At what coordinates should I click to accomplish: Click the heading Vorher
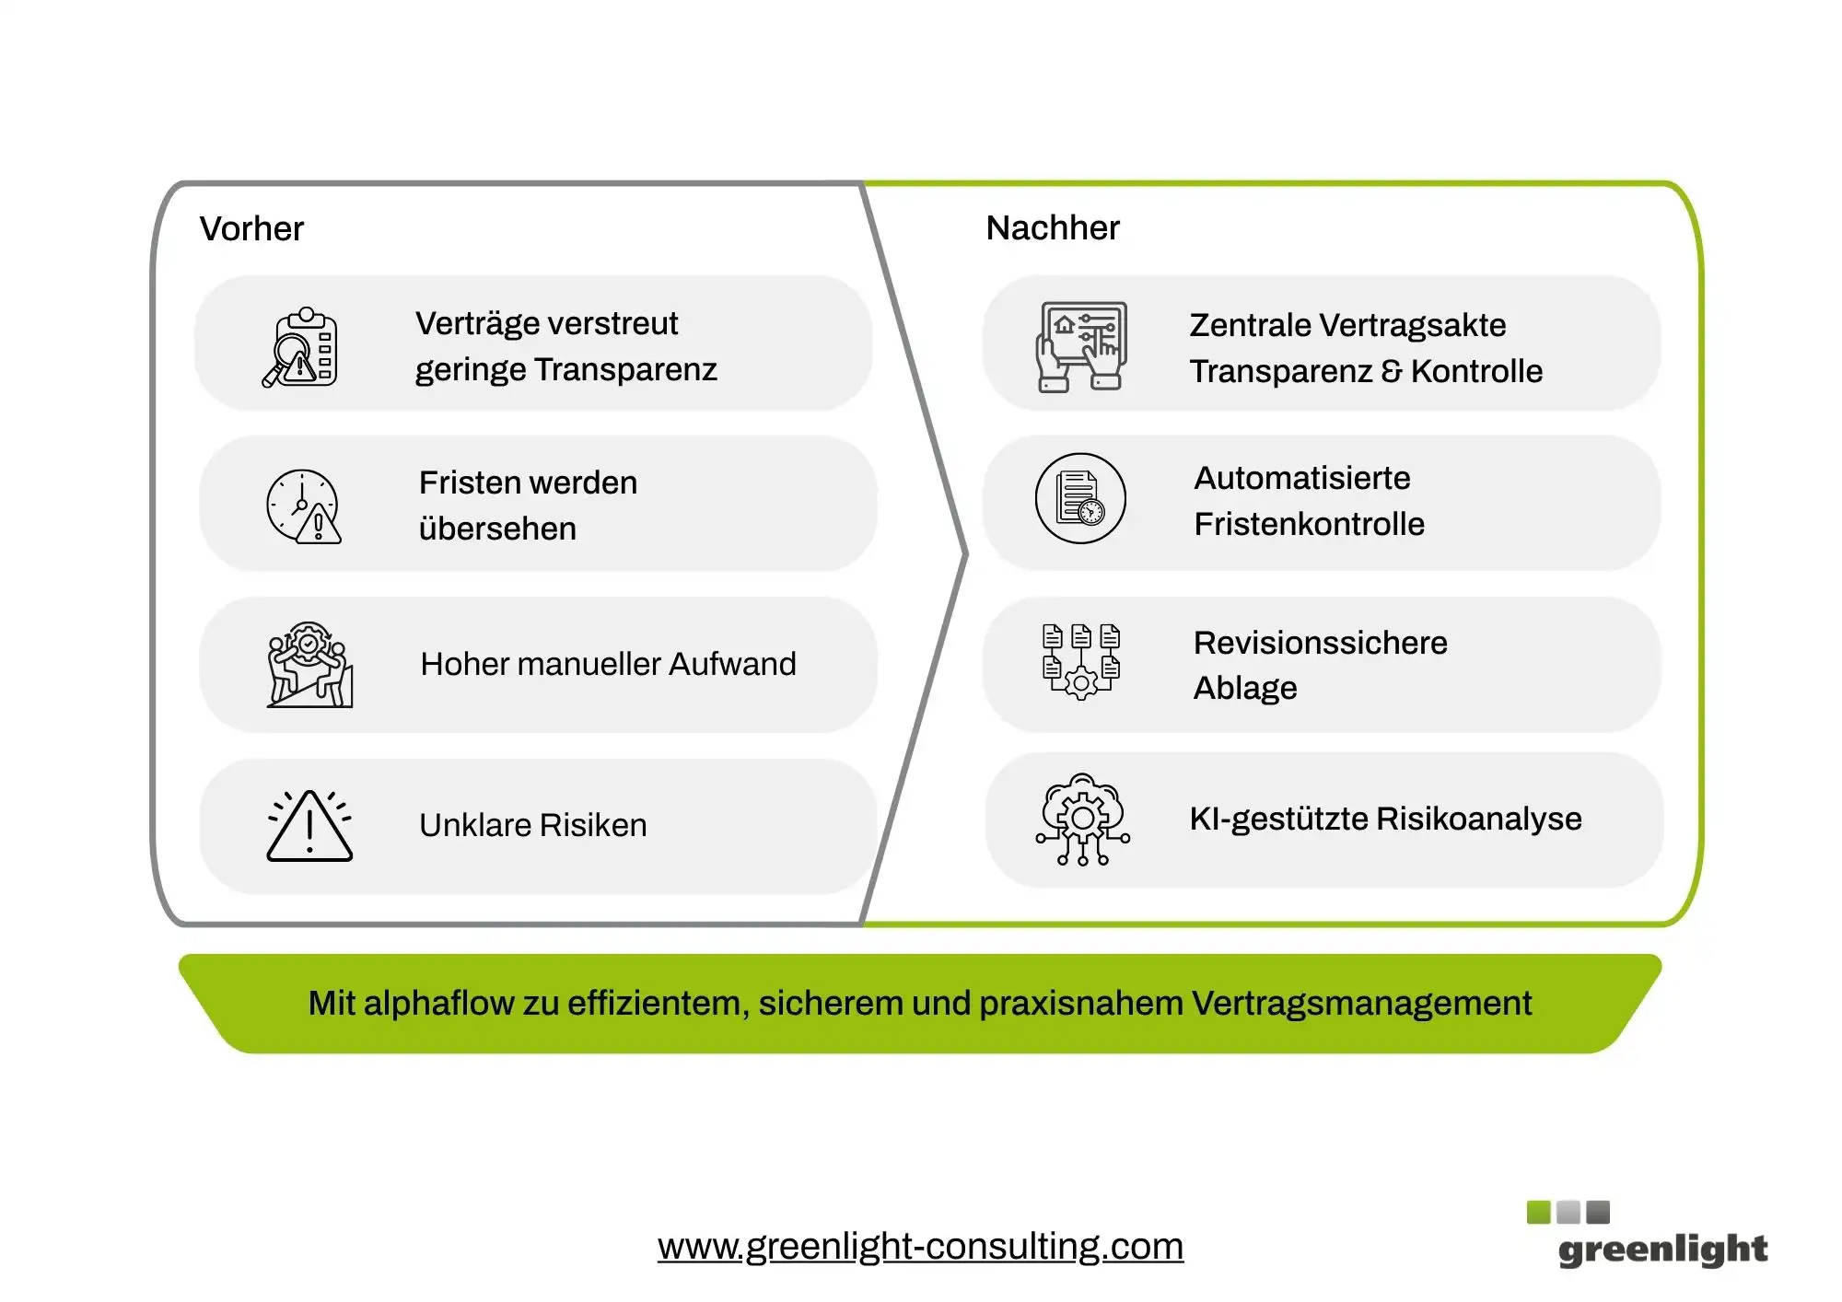point(251,228)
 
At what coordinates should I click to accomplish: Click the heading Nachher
point(1053,227)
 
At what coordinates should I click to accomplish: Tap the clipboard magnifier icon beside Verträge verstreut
point(300,347)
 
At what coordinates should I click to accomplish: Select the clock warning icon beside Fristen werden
point(303,506)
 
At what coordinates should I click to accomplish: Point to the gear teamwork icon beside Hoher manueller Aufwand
point(309,665)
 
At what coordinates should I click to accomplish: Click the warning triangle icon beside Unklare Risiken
point(309,826)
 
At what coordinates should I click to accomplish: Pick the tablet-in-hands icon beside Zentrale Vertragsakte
point(1081,346)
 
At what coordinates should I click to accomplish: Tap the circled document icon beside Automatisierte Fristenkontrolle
point(1080,498)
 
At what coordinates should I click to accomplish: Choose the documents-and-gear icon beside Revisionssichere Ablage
point(1081,661)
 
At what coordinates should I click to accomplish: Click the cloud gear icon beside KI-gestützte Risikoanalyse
point(1082,820)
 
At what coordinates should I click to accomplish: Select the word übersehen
point(497,529)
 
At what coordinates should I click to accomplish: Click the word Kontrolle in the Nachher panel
point(1476,371)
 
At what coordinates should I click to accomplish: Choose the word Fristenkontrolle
point(1309,524)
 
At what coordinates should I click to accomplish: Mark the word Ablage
point(1245,688)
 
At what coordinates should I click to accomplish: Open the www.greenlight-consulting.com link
point(920,1246)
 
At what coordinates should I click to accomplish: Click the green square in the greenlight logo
point(1538,1212)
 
